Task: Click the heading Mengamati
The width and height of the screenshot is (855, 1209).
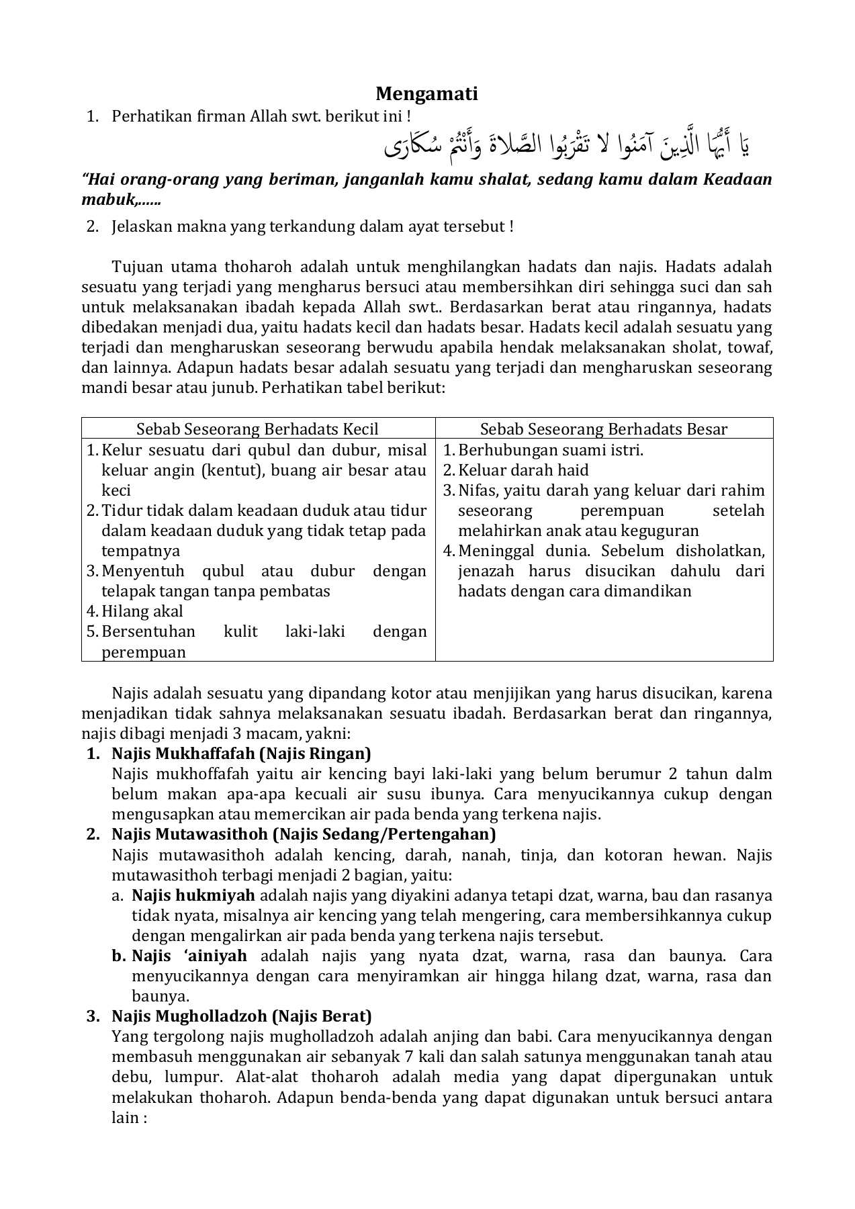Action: (x=426, y=93)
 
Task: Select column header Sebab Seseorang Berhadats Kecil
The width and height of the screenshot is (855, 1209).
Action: (x=257, y=429)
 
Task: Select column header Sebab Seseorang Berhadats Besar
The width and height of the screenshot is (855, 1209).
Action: (x=603, y=429)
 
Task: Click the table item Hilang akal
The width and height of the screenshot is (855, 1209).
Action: (x=142, y=611)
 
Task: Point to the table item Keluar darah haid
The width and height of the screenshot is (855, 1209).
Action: (x=523, y=470)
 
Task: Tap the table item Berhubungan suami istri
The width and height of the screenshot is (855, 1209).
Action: (x=550, y=450)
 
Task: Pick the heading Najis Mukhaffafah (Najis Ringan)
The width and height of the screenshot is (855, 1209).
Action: (x=241, y=754)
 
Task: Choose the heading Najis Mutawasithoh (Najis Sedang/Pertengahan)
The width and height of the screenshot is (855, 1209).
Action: (x=304, y=834)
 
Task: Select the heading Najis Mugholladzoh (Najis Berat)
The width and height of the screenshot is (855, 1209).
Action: (x=241, y=1016)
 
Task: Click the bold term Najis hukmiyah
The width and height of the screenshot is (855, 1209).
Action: (x=193, y=895)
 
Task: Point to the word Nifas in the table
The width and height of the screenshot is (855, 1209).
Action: (x=475, y=490)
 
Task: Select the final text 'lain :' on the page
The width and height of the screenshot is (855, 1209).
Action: (x=129, y=1118)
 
